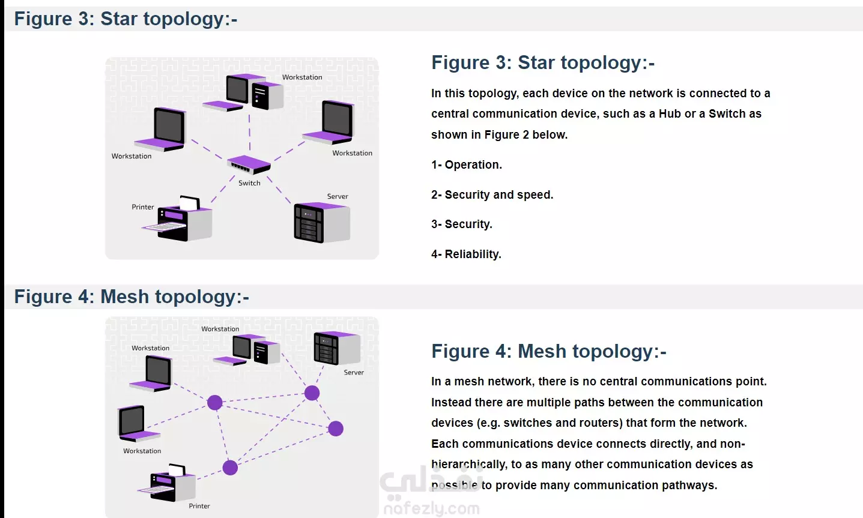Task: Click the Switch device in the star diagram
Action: click(x=249, y=164)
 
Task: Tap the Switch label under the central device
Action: click(x=249, y=183)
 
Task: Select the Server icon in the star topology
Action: click(x=321, y=222)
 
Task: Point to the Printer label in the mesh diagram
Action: click(x=199, y=506)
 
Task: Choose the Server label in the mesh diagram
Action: click(x=354, y=373)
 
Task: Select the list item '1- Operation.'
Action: click(x=467, y=165)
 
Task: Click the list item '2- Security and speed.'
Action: click(x=492, y=194)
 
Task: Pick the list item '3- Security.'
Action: click(x=462, y=224)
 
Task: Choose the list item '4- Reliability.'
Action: click(x=466, y=254)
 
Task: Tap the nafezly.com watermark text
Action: click(x=431, y=509)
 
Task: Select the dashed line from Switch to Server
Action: click(x=279, y=190)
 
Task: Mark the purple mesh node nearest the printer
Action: click(x=230, y=468)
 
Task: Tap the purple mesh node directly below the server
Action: click(x=312, y=393)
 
